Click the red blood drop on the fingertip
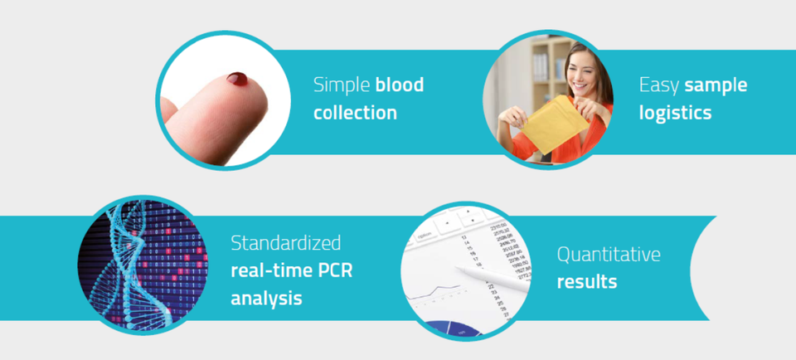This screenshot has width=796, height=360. (x=237, y=79)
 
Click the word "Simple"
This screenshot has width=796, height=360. (x=342, y=85)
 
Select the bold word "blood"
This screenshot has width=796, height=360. (x=400, y=85)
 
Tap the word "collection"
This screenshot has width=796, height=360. (x=355, y=112)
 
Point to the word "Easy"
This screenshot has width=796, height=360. (x=659, y=85)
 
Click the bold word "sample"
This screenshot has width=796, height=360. (x=716, y=85)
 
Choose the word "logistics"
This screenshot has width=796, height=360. (x=675, y=113)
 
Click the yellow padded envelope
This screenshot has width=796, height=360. (x=555, y=125)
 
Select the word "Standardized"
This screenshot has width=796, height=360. (x=286, y=243)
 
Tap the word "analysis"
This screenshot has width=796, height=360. (x=266, y=298)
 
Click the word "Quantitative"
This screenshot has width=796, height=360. (x=609, y=254)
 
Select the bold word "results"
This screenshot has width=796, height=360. (x=587, y=281)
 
